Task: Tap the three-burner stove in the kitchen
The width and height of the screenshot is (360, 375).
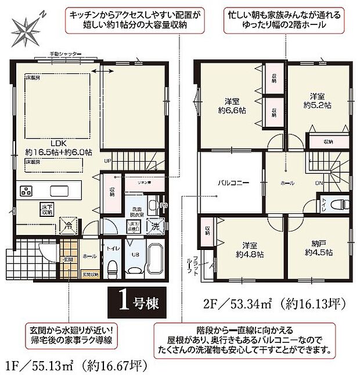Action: [x=27, y=191]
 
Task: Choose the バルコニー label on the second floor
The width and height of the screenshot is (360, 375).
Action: [x=233, y=183]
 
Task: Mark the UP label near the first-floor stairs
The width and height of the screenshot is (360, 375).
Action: [x=107, y=161]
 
